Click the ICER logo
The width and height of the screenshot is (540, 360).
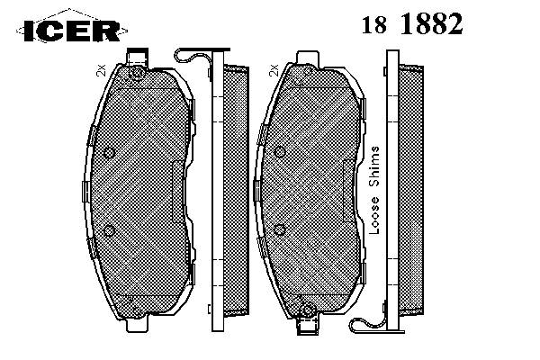pyautogui.click(x=72, y=31)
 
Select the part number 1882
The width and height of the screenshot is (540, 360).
pyautogui.click(x=432, y=23)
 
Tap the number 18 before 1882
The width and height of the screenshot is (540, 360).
pyautogui.click(x=373, y=25)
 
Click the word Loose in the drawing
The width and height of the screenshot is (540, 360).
pyautogui.click(x=374, y=215)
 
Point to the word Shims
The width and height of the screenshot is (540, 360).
pyautogui.click(x=374, y=166)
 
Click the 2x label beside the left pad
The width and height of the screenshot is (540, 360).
pyautogui.click(x=101, y=70)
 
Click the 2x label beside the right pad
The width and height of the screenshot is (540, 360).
pyautogui.click(x=274, y=70)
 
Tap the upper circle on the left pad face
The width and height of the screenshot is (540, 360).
pyautogui.click(x=109, y=152)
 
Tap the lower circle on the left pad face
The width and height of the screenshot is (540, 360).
pyautogui.click(x=110, y=230)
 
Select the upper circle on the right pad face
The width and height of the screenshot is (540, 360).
pyautogui.click(x=280, y=152)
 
